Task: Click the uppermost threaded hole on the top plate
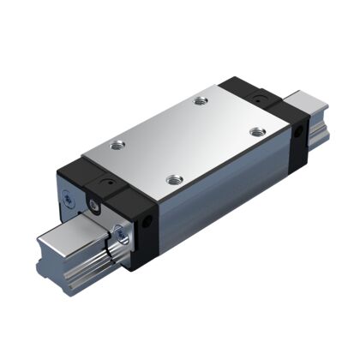tap(201, 101)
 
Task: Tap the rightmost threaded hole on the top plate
tap(255, 131)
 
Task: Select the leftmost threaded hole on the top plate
tap(117, 144)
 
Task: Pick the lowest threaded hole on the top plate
tap(174, 179)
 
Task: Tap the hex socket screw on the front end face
tap(92, 204)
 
